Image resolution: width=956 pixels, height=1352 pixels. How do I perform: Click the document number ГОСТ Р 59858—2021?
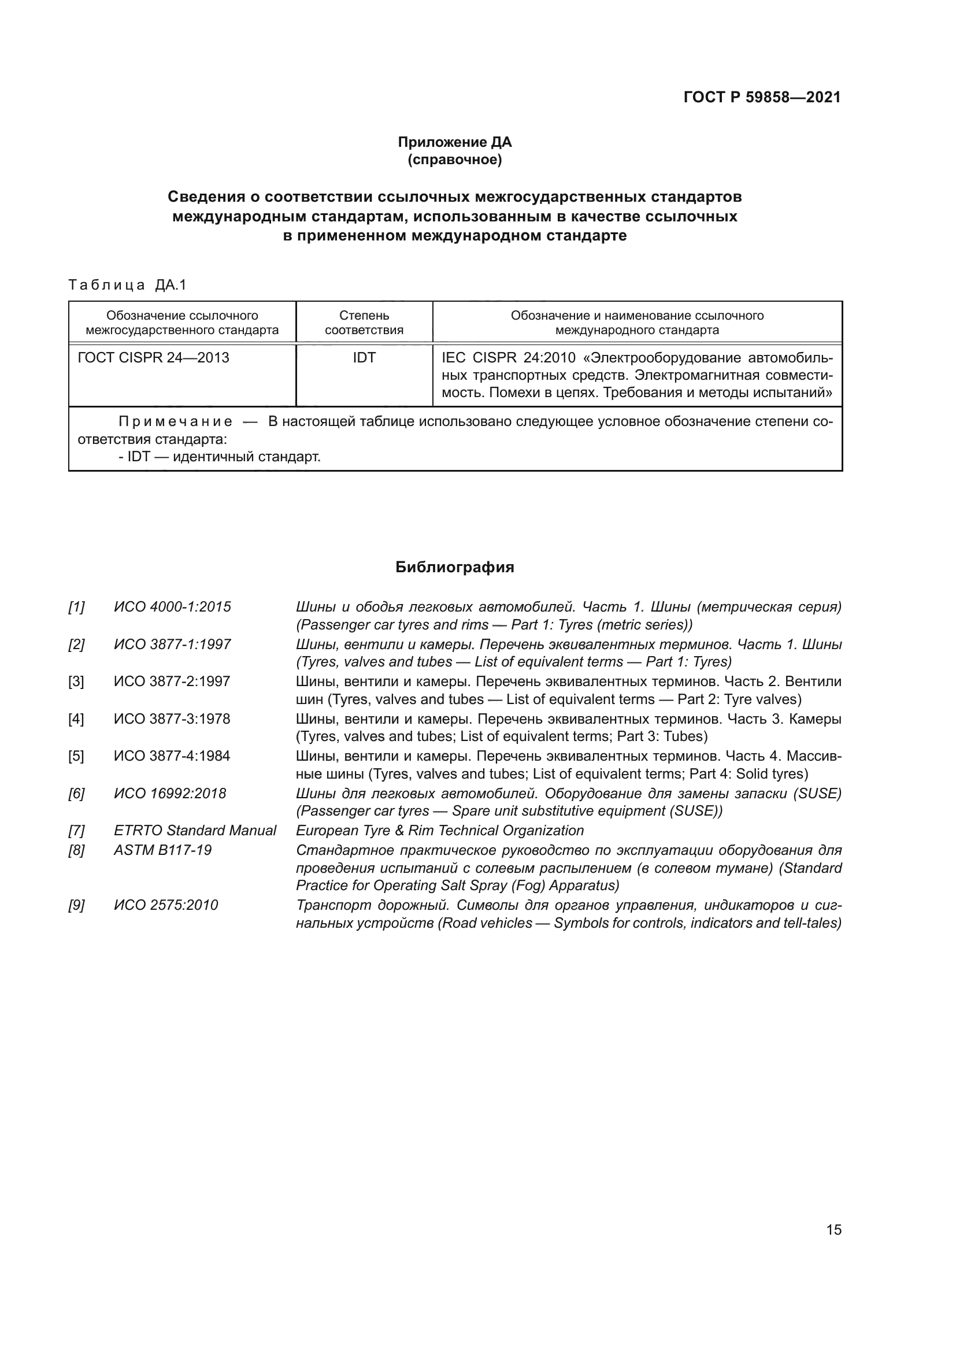click(x=762, y=98)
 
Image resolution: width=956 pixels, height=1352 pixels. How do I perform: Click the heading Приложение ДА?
click(x=454, y=142)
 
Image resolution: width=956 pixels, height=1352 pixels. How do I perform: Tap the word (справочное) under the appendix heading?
click(x=454, y=160)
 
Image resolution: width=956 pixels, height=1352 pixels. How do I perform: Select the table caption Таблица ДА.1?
click(x=127, y=286)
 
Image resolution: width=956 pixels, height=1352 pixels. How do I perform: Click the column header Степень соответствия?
click(x=364, y=323)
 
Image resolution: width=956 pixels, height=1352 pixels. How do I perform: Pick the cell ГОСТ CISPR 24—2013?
click(x=154, y=358)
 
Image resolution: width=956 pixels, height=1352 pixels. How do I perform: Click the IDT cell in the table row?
click(x=364, y=358)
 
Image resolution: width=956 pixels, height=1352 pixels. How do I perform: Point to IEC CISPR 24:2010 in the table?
click(x=500, y=358)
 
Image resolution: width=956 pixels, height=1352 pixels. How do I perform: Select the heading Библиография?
click(x=454, y=567)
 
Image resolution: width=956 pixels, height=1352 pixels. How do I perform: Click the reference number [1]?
click(x=76, y=606)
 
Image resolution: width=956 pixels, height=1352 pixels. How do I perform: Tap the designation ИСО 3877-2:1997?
click(x=172, y=681)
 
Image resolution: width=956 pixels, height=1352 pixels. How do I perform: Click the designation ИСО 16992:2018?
click(x=170, y=793)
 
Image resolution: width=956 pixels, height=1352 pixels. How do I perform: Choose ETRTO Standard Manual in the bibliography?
click(x=195, y=830)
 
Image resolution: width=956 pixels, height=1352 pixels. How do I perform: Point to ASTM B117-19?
click(x=162, y=850)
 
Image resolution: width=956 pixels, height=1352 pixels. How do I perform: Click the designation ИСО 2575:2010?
click(x=166, y=905)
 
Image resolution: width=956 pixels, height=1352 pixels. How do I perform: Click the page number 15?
click(x=833, y=1229)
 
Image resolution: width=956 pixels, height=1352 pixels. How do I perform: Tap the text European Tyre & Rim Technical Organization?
click(x=440, y=830)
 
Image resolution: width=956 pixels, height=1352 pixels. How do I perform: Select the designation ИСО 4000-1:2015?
click(x=172, y=606)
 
